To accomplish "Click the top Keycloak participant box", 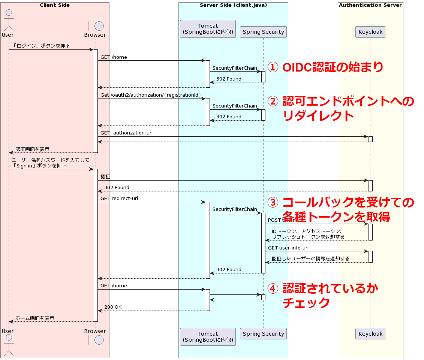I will [x=370, y=32].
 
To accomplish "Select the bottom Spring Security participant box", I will [x=263, y=334].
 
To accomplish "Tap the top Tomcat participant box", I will [x=208, y=29].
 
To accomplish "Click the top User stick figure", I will [x=8, y=21].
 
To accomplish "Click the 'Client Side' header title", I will [x=55, y=5].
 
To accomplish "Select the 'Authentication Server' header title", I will [x=370, y=5].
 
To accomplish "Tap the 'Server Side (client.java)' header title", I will [x=233, y=5].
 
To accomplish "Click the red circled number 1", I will [x=273, y=67].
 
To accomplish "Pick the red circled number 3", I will [x=273, y=203].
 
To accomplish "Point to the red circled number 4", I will [x=273, y=289].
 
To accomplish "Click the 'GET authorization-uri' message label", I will [x=126, y=133].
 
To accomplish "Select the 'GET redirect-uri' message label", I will [x=119, y=198].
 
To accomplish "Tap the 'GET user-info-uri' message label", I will [x=288, y=248].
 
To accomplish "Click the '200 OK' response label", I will [x=113, y=307].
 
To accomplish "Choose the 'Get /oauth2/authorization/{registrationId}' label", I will [x=151, y=95].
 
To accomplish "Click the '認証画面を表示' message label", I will [x=32, y=149].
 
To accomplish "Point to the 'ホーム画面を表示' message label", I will [x=35, y=318].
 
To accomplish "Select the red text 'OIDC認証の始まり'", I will [x=333, y=67].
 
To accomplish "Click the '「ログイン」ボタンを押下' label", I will [x=41, y=46].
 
